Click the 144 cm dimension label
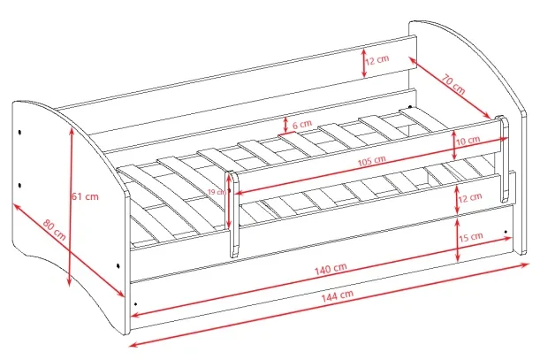click(338, 295)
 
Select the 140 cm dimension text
click(331, 269)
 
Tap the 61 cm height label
click(85, 196)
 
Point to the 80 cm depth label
click(55, 229)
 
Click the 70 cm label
click(453, 84)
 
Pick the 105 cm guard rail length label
click(371, 161)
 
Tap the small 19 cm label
click(217, 192)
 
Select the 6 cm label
click(302, 124)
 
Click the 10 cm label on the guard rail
click(468, 141)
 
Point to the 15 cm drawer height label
click(471, 237)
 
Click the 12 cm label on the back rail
click(377, 60)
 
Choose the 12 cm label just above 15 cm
click(470, 198)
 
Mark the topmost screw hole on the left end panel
click(19, 132)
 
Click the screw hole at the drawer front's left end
click(136, 304)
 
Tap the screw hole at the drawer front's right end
click(506, 232)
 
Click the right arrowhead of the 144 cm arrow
click(526, 264)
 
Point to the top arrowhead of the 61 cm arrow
click(72, 131)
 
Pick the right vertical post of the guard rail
click(503, 158)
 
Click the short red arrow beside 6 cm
click(285, 126)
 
